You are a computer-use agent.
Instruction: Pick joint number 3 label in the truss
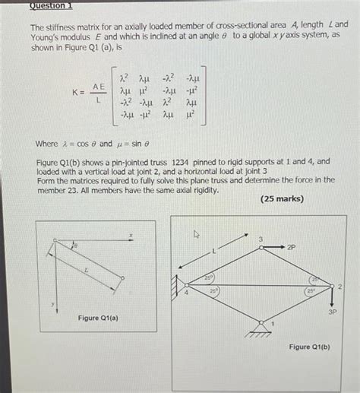pyautogui.click(x=261, y=240)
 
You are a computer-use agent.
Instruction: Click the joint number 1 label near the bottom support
pyautogui.click(x=273, y=323)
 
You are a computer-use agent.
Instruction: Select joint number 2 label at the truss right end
pyautogui.click(x=339, y=286)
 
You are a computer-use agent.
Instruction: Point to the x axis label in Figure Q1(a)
pyautogui.click(x=131, y=236)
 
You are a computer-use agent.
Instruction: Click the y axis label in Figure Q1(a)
pyautogui.click(x=52, y=305)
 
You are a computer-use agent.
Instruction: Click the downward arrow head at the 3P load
pyautogui.click(x=332, y=300)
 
